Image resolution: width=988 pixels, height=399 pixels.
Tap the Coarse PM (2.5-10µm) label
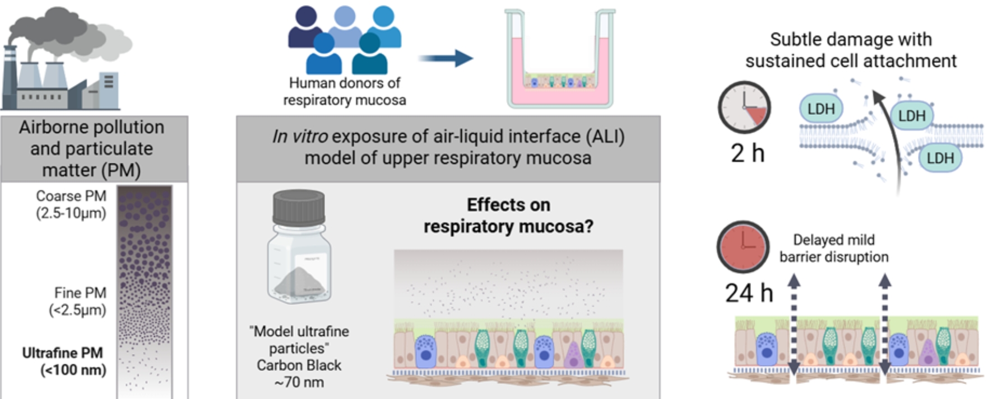71,204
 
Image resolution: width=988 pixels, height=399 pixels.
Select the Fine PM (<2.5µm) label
78,301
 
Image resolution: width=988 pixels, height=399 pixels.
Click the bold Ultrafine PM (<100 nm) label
63,362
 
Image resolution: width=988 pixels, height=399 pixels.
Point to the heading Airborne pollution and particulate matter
91,148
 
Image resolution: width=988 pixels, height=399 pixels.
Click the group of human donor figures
344,40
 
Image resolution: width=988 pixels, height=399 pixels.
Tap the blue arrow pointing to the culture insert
446,58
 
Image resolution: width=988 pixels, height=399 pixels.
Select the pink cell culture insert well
560,62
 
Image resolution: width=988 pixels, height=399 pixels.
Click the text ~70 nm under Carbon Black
299,383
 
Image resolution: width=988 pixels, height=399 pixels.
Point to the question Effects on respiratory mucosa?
508,215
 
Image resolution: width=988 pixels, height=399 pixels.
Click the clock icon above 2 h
744,107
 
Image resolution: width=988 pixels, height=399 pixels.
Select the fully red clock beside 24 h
743,246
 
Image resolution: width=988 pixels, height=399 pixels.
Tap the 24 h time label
749,293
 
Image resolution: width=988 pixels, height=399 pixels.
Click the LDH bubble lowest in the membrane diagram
940,158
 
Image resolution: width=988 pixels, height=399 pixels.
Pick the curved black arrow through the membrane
891,140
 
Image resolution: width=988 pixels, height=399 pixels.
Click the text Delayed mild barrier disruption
833,248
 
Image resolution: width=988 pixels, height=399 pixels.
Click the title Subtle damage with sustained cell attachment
850,50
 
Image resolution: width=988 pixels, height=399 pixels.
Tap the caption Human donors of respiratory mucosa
344,91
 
